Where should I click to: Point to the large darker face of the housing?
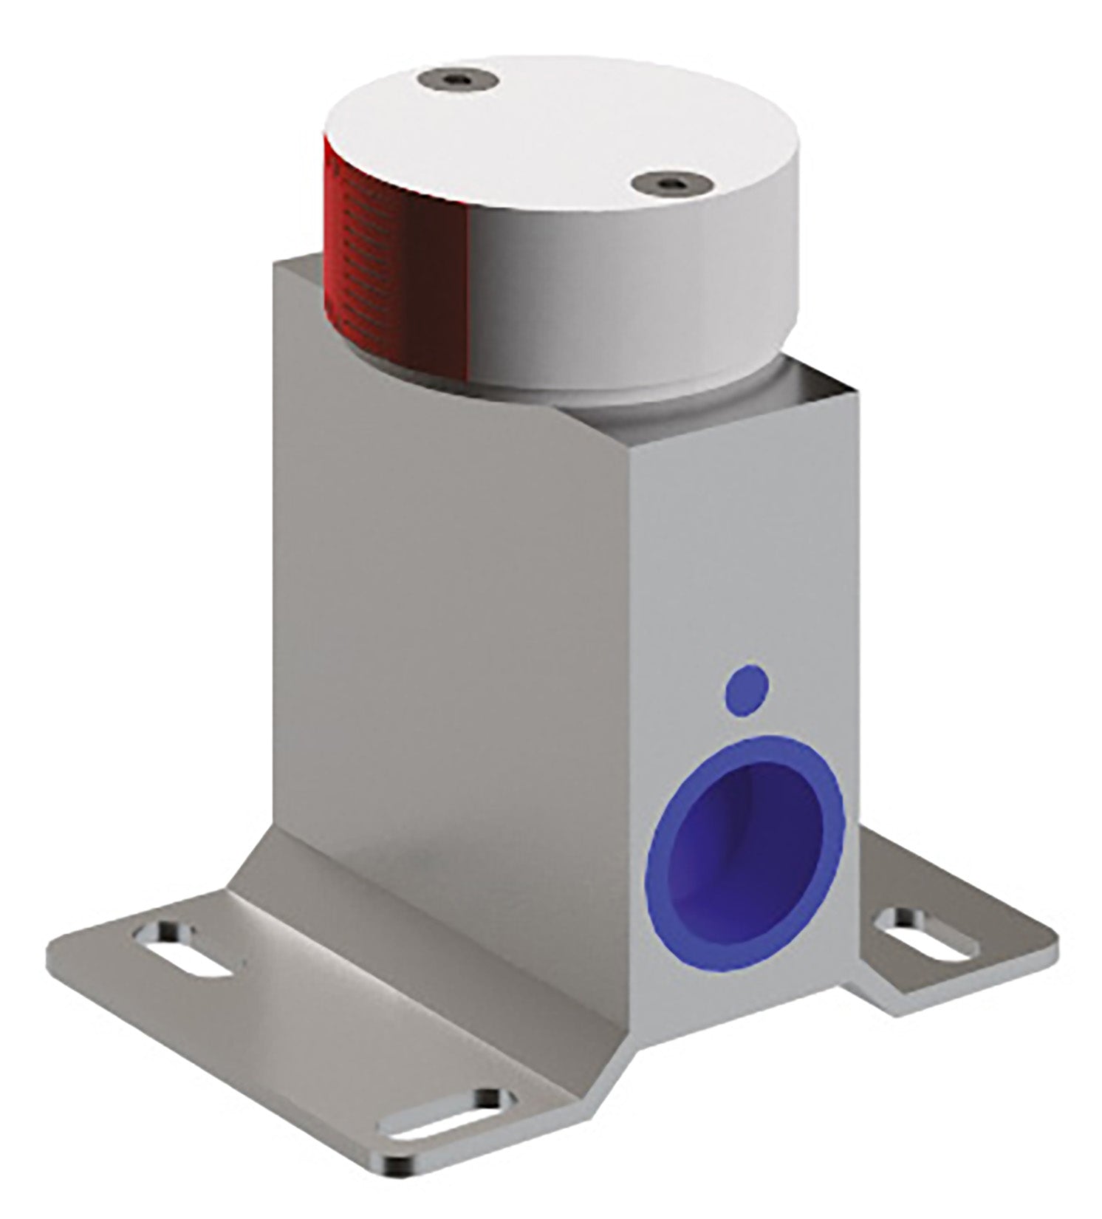(443, 628)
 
